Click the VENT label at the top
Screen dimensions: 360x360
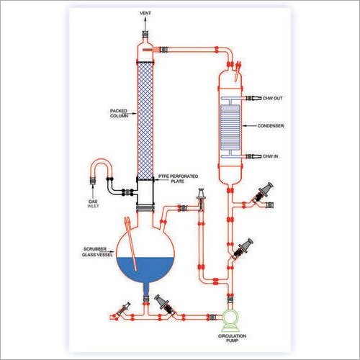pyautogui.click(x=145, y=13)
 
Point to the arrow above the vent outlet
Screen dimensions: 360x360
pyautogui.click(x=145, y=24)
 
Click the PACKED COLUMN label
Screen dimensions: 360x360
pyautogui.click(x=119, y=113)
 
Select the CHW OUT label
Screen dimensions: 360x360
pyautogui.click(x=272, y=98)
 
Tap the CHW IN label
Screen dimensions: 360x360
pyautogui.click(x=270, y=156)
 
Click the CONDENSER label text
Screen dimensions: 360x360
pyautogui.click(x=271, y=126)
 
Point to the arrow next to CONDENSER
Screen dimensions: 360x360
pyautogui.click(x=249, y=126)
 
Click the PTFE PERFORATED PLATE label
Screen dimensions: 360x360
pyautogui.click(x=178, y=179)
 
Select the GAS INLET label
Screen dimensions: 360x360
pyautogui.click(x=93, y=204)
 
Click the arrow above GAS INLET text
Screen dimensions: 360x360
pyautogui.click(x=93, y=192)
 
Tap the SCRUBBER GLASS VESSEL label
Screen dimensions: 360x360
pyautogui.click(x=97, y=252)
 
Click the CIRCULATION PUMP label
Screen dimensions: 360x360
pyautogui.click(x=232, y=338)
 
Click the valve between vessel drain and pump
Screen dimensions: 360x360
pyautogui.click(x=166, y=305)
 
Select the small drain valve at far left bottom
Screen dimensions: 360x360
pyautogui.click(x=124, y=309)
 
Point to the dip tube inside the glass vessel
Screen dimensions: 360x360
pyautogui.click(x=131, y=244)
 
